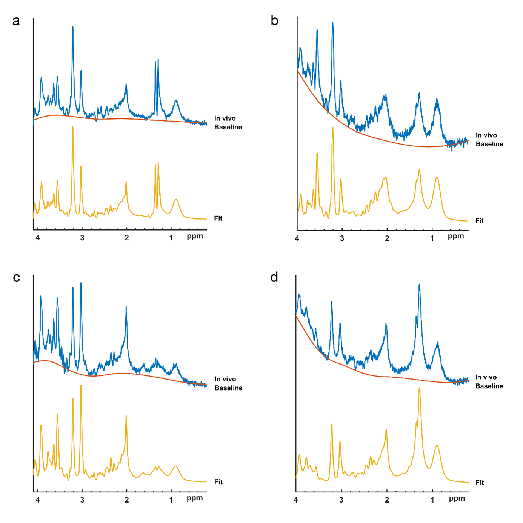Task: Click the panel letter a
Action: point(16,21)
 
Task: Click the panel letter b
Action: point(274,21)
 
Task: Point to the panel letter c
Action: point(16,278)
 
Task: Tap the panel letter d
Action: point(274,278)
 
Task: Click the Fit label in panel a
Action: point(218,218)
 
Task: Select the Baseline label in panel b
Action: point(489,144)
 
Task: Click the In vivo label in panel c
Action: point(225,379)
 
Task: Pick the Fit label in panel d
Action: point(480,483)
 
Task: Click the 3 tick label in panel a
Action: point(82,238)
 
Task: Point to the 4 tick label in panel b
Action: point(297,238)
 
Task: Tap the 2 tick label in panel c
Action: point(127,500)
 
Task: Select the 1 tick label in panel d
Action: point(432,500)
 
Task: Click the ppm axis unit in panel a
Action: point(195,237)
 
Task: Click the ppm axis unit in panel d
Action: point(457,499)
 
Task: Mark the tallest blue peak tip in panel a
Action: point(73,27)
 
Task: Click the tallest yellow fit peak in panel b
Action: point(332,128)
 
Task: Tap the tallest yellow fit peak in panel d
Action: point(419,388)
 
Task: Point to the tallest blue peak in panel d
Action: point(419,285)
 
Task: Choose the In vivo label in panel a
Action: point(225,118)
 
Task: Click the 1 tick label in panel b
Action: point(432,238)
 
